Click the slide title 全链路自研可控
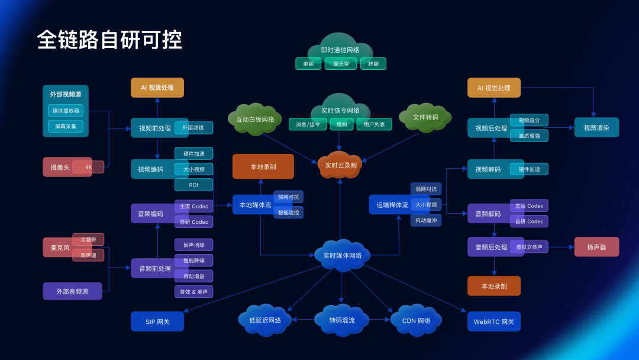[109, 40]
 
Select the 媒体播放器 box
[66, 111]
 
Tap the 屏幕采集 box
[66, 126]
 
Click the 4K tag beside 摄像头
[88, 167]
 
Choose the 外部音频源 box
[72, 291]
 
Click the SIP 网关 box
[157, 322]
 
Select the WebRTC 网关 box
[494, 322]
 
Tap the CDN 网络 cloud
[417, 320]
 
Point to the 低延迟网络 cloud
[265, 320]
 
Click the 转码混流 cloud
[342, 320]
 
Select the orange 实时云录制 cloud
[340, 165]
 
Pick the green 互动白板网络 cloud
[255, 119]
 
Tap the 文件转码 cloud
[425, 117]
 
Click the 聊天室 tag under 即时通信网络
[341, 64]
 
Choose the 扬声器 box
[596, 247]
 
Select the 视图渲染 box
[596, 127]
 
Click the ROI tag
[193, 185]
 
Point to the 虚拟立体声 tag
[529, 247]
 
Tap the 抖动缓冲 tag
[426, 220]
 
